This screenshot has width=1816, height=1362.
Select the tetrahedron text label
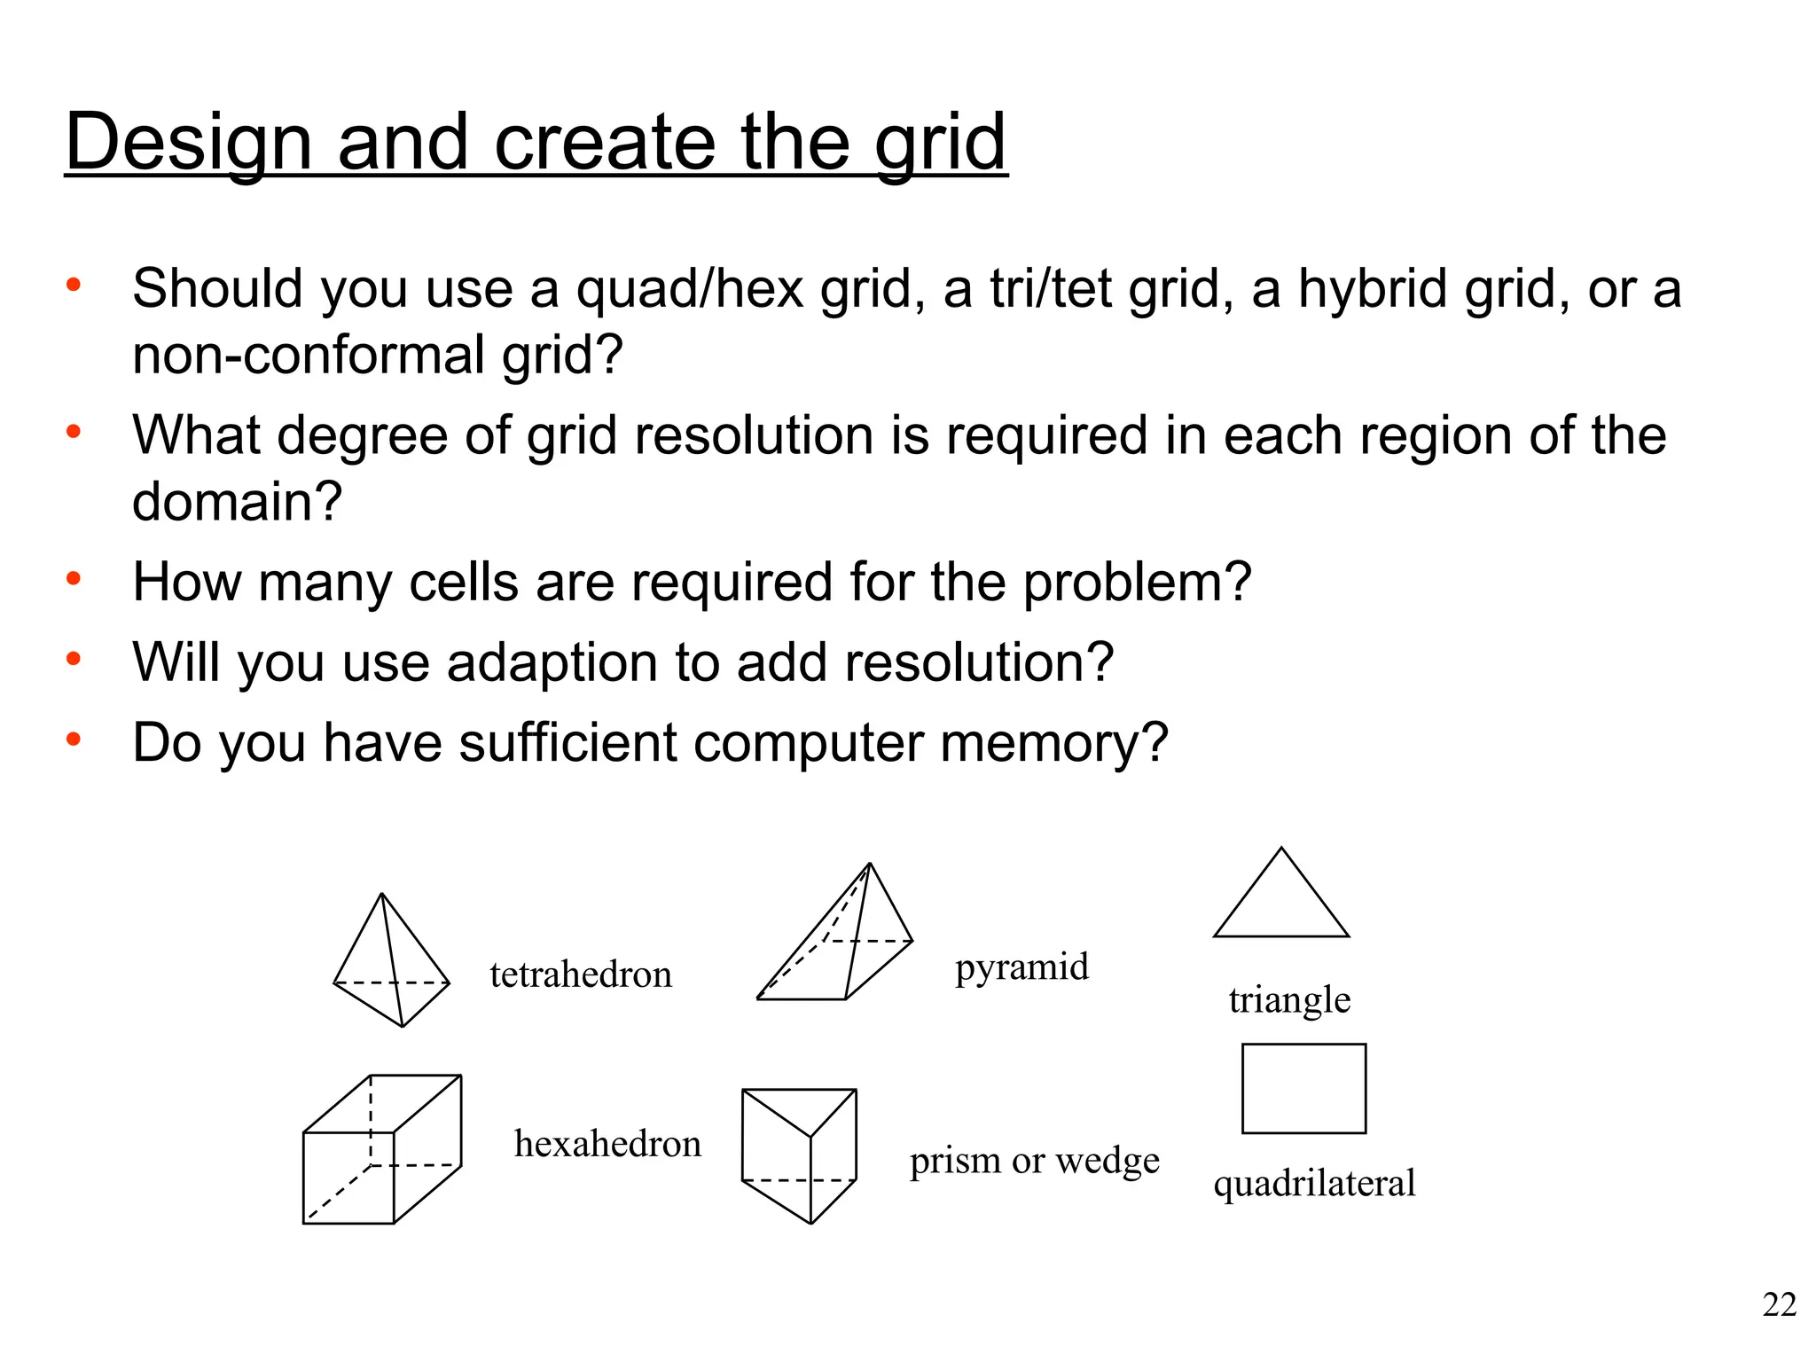pos(581,975)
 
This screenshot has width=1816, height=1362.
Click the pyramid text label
pos(1021,967)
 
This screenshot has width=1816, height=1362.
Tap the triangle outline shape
pos(1281,900)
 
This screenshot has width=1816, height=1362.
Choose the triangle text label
pos(1289,999)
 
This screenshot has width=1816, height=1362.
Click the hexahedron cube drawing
pos(381,1150)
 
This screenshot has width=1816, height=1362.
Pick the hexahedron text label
pos(607,1144)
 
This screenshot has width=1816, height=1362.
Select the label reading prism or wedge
pos(1034,1161)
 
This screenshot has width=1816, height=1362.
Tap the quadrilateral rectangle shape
pos(1303,1089)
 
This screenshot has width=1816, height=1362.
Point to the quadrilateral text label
pos(1314,1184)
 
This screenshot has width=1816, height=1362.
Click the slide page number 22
pos(1779,1305)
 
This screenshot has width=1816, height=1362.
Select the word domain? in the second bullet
pos(237,501)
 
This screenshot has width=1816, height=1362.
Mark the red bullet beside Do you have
pos(74,738)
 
